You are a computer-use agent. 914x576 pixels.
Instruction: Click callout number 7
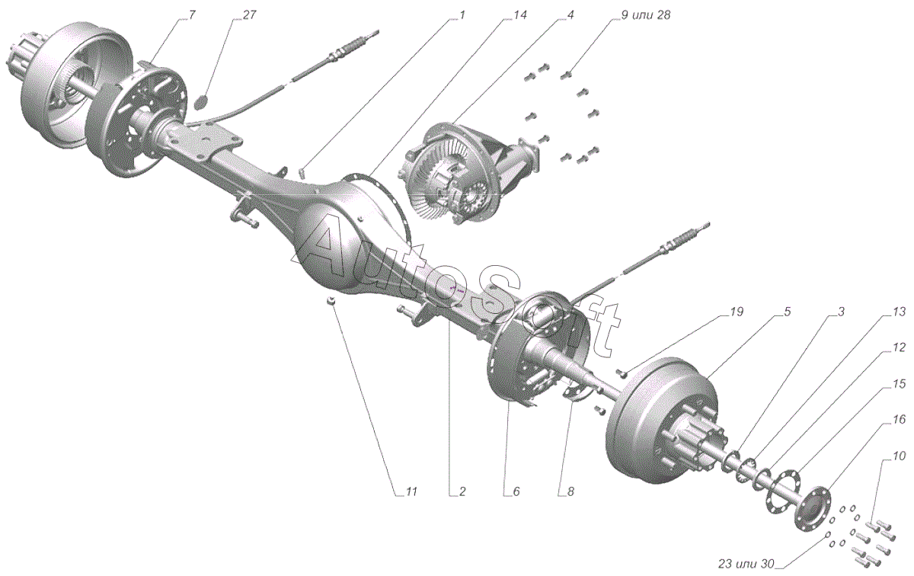(x=191, y=15)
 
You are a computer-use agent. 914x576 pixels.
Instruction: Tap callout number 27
(x=250, y=15)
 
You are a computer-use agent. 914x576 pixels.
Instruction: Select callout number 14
(x=520, y=15)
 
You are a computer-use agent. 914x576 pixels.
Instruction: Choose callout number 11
(x=411, y=492)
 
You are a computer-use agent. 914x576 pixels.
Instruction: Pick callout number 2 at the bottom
(x=462, y=492)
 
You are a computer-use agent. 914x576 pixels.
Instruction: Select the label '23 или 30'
(x=746, y=565)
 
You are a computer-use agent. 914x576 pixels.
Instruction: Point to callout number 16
(x=900, y=421)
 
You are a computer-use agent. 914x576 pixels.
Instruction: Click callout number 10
(x=900, y=456)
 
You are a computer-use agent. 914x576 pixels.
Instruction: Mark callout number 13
(x=900, y=312)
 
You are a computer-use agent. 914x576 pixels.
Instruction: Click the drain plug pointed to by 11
(x=332, y=302)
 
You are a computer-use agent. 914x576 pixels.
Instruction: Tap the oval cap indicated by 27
(x=202, y=101)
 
